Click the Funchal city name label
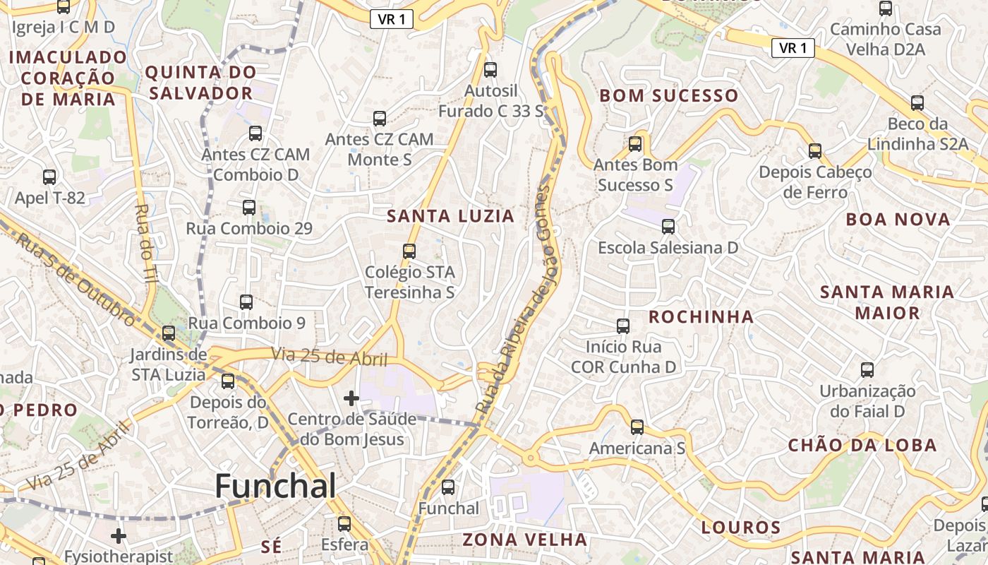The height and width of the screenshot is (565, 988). point(275,486)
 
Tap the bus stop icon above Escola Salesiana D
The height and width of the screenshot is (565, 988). point(668,227)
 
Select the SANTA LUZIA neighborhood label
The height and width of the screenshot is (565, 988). point(451,217)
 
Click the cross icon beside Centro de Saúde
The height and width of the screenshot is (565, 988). point(351,398)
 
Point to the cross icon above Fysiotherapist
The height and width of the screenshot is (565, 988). point(119,536)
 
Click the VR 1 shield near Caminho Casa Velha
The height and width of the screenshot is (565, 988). point(793,48)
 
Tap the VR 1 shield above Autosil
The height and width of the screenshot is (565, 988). point(391,20)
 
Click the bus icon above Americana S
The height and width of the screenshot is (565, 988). point(637,427)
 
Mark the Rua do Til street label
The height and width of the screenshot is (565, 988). point(146,244)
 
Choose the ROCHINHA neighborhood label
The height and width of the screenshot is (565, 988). point(701,317)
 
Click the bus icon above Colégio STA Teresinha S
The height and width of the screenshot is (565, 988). point(409,251)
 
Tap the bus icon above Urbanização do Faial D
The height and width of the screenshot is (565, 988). point(867,369)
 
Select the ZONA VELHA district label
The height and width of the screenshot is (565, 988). point(524,540)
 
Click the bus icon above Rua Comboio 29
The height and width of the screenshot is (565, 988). point(248,208)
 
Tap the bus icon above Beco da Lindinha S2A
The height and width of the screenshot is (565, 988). point(917,103)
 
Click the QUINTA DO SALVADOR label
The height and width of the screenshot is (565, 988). point(200,83)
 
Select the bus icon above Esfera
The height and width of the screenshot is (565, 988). point(344,524)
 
